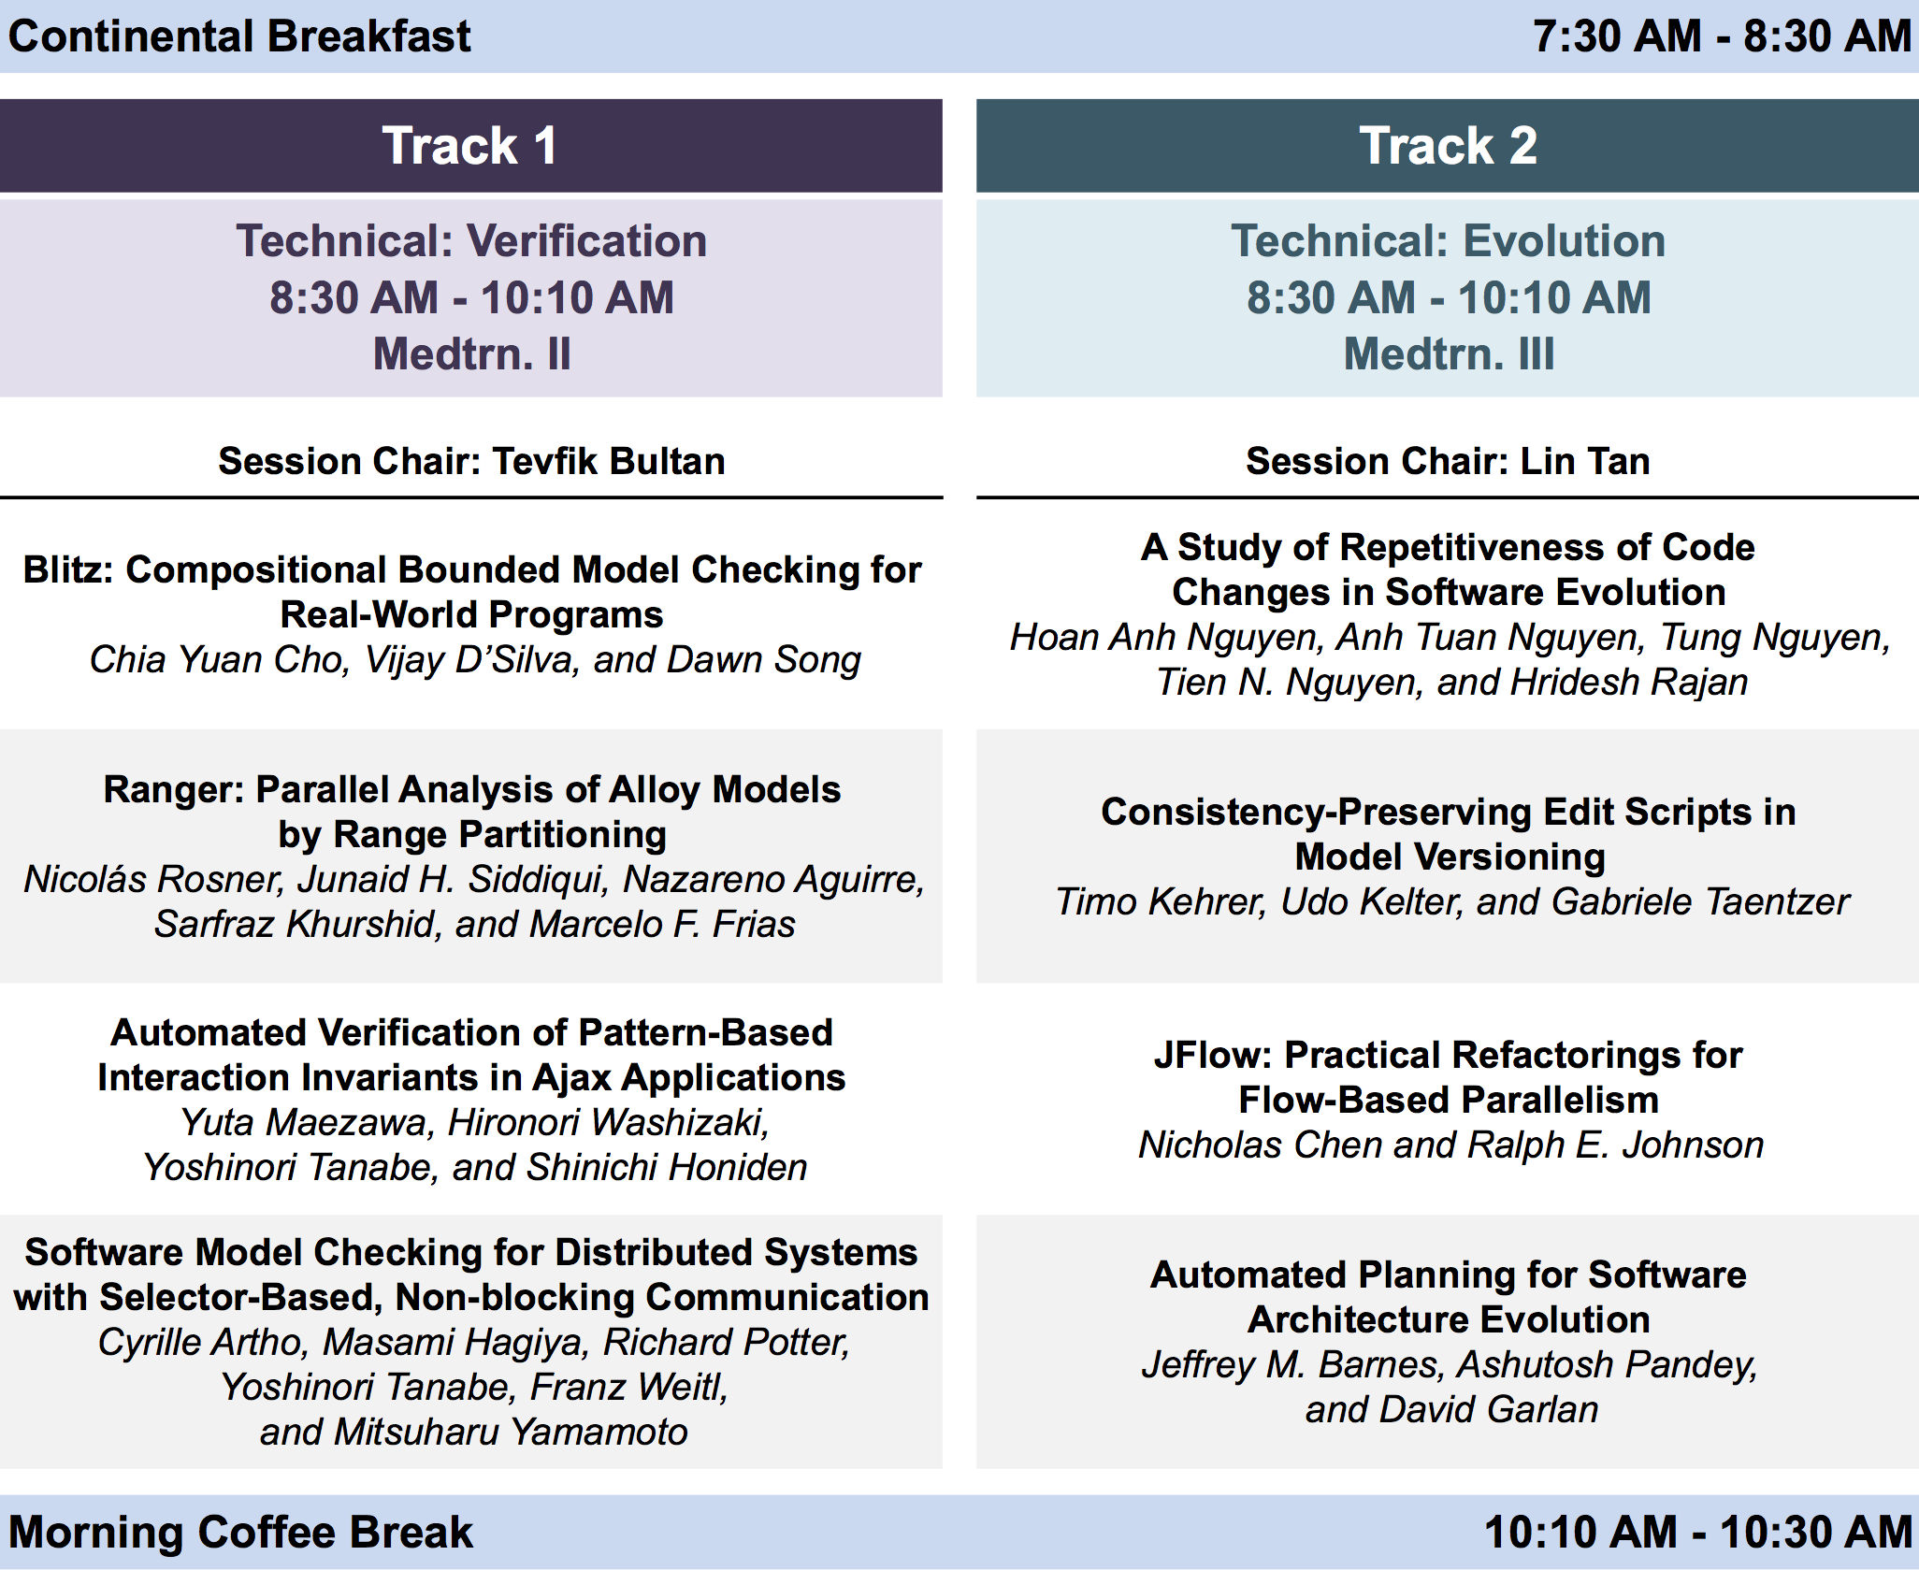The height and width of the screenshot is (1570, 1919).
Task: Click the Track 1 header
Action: point(470,146)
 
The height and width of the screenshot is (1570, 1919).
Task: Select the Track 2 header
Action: point(1448,146)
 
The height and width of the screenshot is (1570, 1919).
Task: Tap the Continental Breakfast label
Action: point(239,36)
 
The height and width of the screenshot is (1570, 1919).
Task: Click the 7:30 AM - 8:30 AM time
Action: point(1722,36)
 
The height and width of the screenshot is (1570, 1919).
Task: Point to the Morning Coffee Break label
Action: point(240,1533)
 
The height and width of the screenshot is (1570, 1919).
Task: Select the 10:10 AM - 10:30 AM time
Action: point(1698,1533)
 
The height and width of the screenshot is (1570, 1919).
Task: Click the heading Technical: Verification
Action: point(471,241)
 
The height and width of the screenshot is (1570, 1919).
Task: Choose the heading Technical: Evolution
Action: point(1448,241)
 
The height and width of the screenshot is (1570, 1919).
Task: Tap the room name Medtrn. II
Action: point(471,354)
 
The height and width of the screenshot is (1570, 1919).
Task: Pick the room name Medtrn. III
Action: point(1449,354)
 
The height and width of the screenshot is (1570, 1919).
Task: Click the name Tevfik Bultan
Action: point(609,462)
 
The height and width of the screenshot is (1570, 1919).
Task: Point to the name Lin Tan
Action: point(1585,462)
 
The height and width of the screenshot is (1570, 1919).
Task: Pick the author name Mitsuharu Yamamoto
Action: point(511,1433)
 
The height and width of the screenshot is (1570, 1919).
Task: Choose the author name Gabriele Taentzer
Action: point(1700,902)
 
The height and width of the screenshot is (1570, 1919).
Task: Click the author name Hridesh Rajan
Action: point(1629,683)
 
